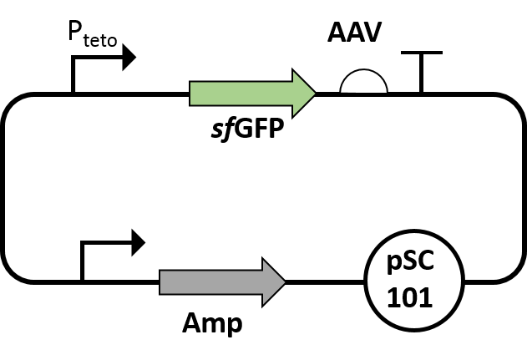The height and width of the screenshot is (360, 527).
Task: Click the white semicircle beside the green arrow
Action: (364, 84)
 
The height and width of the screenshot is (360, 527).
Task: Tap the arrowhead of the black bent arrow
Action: (139, 243)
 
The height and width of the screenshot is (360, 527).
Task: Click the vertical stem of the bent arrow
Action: (82, 261)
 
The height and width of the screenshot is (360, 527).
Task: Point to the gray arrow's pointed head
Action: (283, 281)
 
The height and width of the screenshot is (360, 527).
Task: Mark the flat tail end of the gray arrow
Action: (161, 281)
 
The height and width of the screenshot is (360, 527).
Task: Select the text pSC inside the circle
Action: (412, 263)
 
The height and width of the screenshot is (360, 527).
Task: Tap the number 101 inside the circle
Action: (409, 297)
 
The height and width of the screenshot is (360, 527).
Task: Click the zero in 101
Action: (410, 297)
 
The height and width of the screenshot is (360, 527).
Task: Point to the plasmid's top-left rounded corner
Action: (14, 106)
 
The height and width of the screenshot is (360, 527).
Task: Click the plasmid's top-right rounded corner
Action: (513, 106)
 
